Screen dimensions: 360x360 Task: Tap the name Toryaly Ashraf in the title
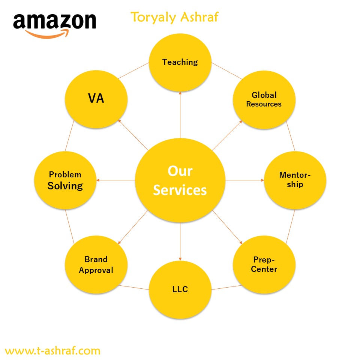click(x=174, y=17)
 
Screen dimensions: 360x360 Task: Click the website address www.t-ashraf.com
click(x=52, y=351)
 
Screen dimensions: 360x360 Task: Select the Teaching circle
click(x=180, y=63)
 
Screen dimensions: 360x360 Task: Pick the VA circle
click(x=96, y=99)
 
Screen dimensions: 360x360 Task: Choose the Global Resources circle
click(x=264, y=100)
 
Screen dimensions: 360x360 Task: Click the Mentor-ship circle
click(x=295, y=180)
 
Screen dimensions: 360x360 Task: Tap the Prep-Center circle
click(x=264, y=264)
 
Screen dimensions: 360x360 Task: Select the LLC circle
click(x=180, y=289)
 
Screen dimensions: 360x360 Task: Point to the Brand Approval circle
click(x=96, y=264)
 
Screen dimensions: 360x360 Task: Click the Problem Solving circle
click(x=65, y=180)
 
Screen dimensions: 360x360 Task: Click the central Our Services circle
click(x=180, y=180)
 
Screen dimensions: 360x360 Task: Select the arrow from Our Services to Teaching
click(x=180, y=115)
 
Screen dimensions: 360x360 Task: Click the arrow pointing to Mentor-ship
click(x=245, y=180)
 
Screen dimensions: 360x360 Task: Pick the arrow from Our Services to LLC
click(x=180, y=241)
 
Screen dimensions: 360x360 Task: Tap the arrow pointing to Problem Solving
click(x=116, y=180)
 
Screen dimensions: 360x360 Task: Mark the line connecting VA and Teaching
click(x=133, y=70)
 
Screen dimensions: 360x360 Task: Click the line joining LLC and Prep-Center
click(x=226, y=288)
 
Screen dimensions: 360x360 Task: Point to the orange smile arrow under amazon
click(x=47, y=34)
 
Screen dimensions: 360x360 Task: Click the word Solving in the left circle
click(x=65, y=186)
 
